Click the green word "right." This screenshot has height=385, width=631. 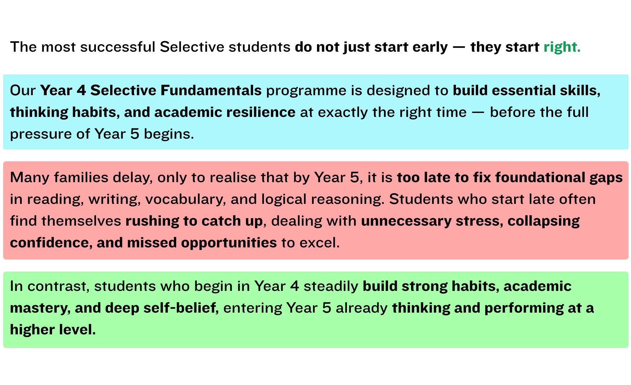tap(562, 47)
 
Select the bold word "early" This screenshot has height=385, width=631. tap(430, 47)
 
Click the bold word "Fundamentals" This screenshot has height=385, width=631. tap(211, 91)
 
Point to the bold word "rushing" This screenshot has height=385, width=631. tap(152, 221)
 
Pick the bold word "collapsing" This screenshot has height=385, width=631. tap(544, 221)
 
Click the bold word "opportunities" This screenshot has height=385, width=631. tap(229, 243)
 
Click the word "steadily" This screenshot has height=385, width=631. tap(331, 287)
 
